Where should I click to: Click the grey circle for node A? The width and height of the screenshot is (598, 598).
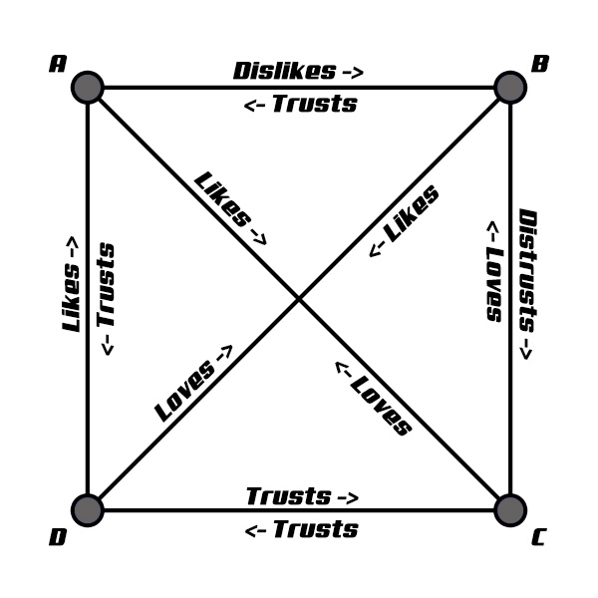tap(88, 88)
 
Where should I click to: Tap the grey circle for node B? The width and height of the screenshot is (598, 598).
tap(510, 88)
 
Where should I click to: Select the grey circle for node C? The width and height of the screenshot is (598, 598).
tap(510, 510)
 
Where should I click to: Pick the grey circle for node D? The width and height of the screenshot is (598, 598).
tap(88, 510)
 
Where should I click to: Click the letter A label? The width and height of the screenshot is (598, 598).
tap(57, 65)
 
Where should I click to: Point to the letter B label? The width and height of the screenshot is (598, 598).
tap(539, 65)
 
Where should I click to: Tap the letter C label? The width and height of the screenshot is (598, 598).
tap(538, 539)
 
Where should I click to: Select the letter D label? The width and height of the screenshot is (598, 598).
tap(58, 539)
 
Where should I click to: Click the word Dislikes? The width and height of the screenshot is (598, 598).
tap(284, 71)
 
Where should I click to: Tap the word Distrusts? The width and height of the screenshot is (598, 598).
tap(526, 271)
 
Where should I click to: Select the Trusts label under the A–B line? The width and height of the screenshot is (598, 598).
tap(313, 104)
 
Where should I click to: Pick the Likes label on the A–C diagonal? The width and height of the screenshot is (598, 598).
tap(221, 199)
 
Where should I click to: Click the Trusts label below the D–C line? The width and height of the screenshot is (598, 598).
tap(314, 529)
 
